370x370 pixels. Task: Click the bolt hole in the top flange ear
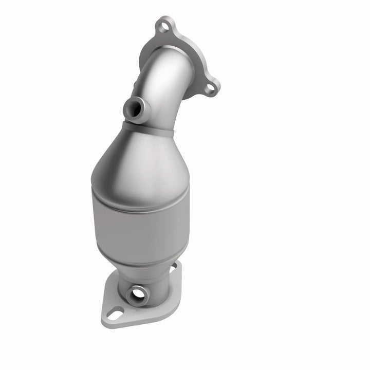pos(164,24)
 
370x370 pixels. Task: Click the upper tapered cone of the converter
pos(139,159)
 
